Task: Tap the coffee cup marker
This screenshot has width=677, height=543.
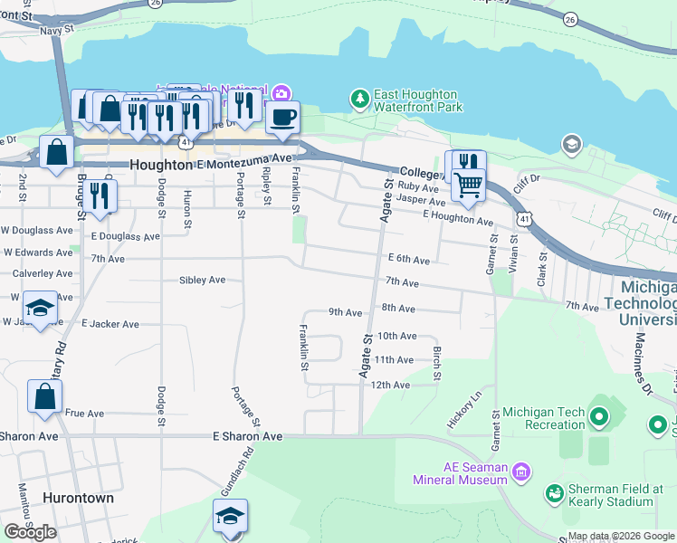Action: pos(282,117)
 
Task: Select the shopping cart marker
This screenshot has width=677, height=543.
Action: pos(468,185)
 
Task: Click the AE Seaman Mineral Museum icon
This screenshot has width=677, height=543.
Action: pos(520,471)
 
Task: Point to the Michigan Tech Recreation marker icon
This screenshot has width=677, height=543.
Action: pos(597,418)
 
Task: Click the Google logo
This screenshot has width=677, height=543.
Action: pos(30,531)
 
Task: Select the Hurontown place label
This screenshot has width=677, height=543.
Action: pos(78,498)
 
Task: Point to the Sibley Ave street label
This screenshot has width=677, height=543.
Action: pos(202,281)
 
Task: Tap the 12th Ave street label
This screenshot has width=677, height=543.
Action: pos(392,385)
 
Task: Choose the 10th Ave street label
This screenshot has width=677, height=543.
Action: pos(396,336)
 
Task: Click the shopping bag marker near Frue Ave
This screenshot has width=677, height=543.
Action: pos(44,396)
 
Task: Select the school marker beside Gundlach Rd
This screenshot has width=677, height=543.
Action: pos(231,516)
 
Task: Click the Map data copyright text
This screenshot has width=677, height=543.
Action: pos(620,536)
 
